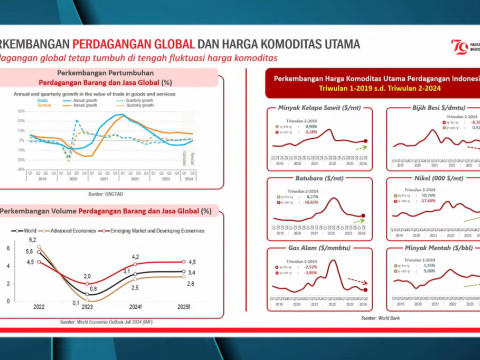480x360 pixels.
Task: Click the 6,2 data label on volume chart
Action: click(x=33, y=240)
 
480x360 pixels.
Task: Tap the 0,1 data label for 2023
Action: click(x=75, y=302)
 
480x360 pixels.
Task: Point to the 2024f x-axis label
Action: click(x=134, y=307)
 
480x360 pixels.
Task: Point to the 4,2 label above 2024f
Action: click(x=134, y=257)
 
